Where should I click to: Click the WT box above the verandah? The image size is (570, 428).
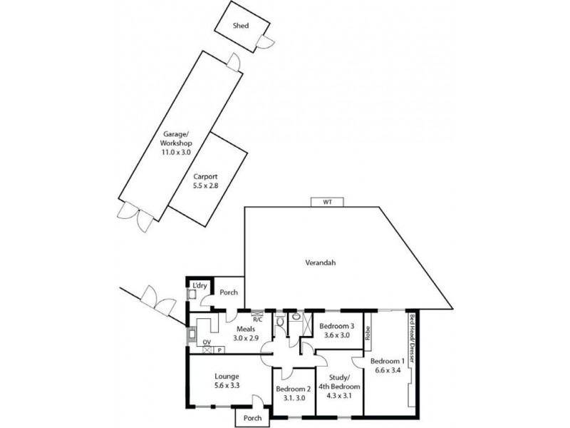[328, 202]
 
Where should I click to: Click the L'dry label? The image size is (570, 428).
[199, 285]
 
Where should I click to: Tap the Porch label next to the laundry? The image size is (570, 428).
[228, 292]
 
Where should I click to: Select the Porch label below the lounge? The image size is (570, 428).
[252, 418]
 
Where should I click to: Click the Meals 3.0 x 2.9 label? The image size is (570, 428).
[248, 333]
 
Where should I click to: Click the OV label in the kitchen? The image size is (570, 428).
[207, 343]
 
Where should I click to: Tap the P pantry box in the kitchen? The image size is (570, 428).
[219, 350]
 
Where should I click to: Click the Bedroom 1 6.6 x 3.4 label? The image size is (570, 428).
[387, 365]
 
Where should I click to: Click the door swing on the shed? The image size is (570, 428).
[265, 41]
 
